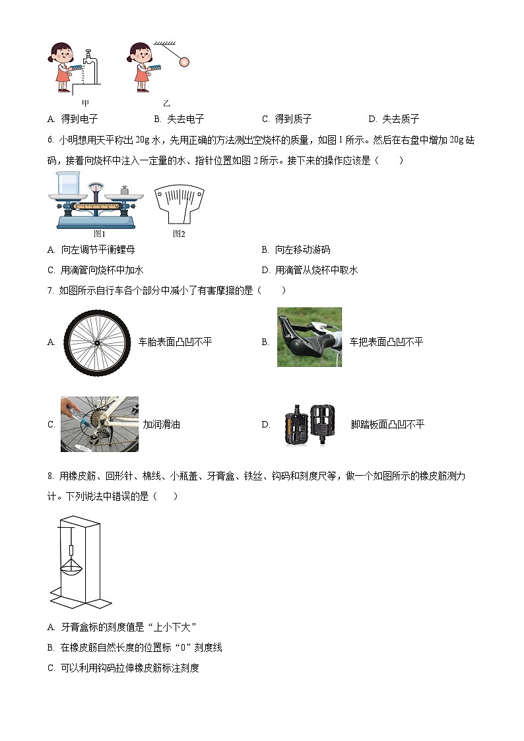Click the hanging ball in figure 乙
click(183, 61)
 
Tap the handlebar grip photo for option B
click(310, 337)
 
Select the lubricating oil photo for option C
click(100, 424)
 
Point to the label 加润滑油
click(161, 424)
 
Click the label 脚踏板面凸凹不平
click(387, 424)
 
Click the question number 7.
click(50, 290)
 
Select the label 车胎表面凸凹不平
click(175, 342)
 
